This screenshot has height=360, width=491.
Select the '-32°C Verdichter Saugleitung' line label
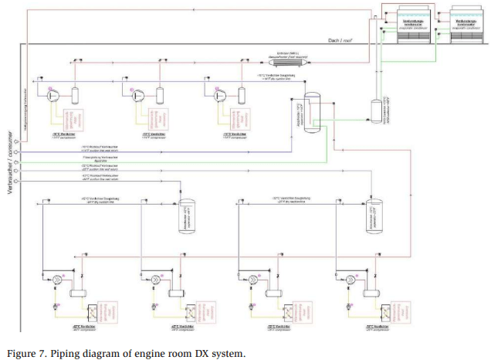pyautogui.click(x=293, y=199)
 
